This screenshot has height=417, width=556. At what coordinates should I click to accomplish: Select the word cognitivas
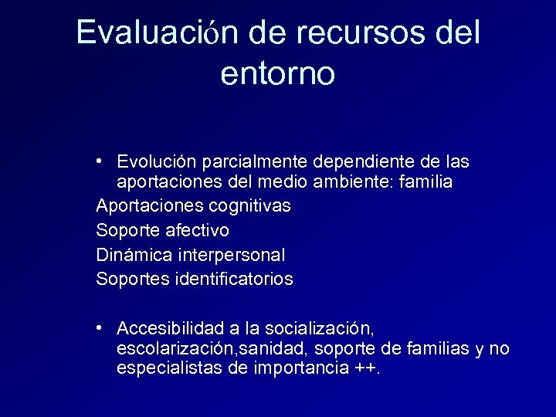pos(250,206)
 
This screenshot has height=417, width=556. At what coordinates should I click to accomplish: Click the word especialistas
pos(170,368)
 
